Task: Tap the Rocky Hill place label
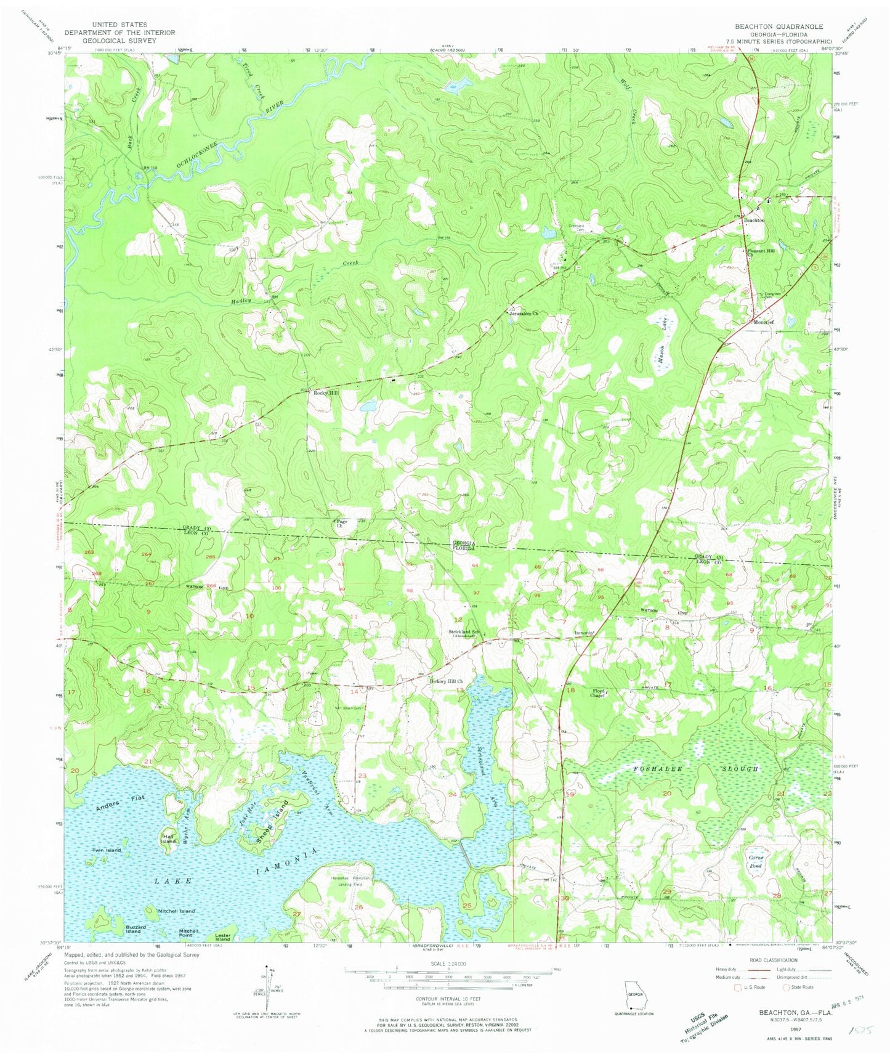[x=326, y=392]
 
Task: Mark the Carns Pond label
[x=756, y=862]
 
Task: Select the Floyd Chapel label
[x=599, y=693]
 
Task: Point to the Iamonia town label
[x=584, y=633]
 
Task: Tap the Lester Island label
[x=222, y=937]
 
